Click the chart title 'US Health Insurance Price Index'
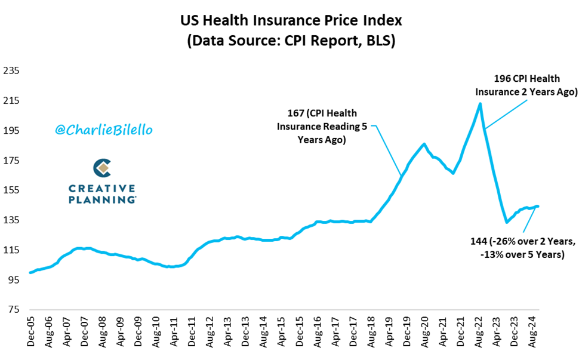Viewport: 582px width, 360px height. click(291, 20)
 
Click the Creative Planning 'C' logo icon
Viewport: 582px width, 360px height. click(103, 168)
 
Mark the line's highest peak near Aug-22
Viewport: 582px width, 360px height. click(480, 104)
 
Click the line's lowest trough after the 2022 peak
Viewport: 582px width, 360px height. click(506, 222)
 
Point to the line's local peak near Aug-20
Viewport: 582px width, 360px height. click(424, 144)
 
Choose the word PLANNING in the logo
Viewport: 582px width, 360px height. click(102, 199)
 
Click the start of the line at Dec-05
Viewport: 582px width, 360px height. click(30, 272)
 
